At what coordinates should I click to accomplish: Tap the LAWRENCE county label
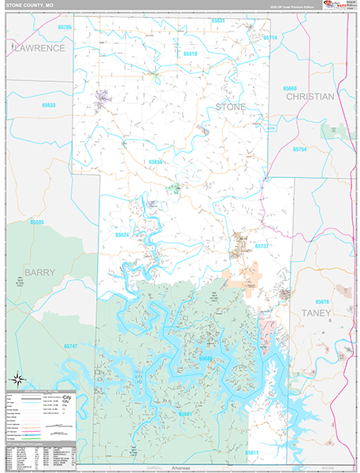pos(38,48)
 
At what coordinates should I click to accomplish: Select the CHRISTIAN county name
pos(310,96)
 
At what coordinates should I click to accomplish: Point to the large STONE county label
pos(231,106)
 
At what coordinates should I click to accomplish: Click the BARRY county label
pos(40,272)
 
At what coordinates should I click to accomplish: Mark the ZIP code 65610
pos(191,54)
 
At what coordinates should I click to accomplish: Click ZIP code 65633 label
pos(49,105)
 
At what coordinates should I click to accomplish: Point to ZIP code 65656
pos(156,162)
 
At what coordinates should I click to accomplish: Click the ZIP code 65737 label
pos(262,247)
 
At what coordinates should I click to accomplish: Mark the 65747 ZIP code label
pos(71,346)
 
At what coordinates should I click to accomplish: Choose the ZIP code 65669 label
pos(291,88)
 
